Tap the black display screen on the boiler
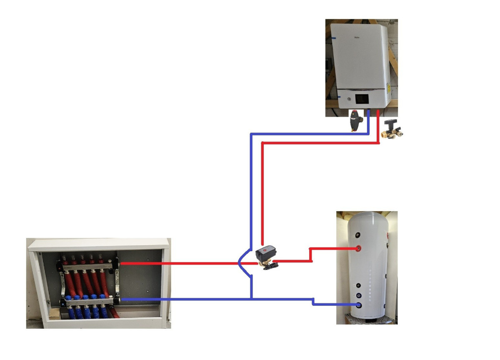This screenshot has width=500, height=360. pos(360,99)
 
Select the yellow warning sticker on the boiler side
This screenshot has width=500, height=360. pos(388,88)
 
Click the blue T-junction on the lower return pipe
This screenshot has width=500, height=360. pos(251,299)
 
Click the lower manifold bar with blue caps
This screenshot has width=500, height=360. pos(90,299)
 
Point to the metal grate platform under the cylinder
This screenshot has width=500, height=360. pos(367,320)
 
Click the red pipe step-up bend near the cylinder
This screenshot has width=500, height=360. pos(310,255)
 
